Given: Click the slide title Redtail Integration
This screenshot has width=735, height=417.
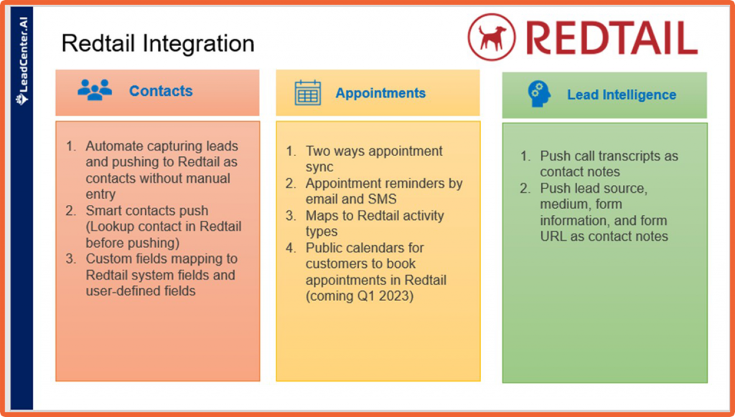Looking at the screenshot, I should click(x=158, y=44).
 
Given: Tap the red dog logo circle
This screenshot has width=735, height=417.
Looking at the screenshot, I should click(x=492, y=37).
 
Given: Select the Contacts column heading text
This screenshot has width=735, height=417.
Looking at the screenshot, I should click(x=161, y=91).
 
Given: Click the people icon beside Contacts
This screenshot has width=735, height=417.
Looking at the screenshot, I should click(x=95, y=90).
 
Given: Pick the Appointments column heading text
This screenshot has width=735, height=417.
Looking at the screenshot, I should click(x=380, y=93).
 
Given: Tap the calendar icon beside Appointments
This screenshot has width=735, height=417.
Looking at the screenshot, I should click(x=308, y=93).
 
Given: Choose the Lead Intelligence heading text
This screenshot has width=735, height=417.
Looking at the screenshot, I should click(x=622, y=95).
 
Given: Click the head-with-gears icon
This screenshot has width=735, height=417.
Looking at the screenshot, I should click(x=539, y=94).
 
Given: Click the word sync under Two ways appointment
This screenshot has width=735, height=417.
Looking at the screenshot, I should click(x=319, y=167).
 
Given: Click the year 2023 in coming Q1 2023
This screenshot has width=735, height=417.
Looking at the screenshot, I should click(x=398, y=296).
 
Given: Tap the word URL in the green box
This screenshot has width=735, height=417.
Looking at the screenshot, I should click(x=554, y=236).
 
